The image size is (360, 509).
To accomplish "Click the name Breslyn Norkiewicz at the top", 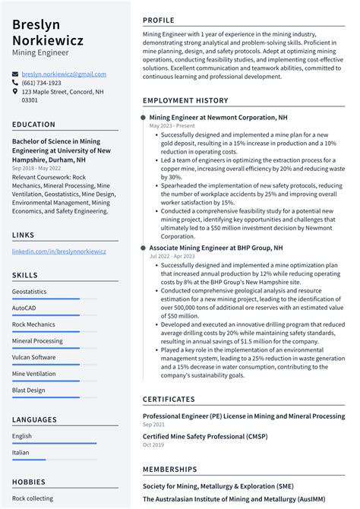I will point(48,32).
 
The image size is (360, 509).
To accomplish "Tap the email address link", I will point(64,74).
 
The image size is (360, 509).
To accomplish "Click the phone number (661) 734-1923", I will point(41,83).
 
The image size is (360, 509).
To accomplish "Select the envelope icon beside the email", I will point(15,74).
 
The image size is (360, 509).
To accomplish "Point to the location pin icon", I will point(15,92).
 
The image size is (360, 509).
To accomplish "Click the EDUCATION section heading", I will point(33,125).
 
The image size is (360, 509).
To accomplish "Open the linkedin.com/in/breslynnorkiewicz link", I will point(59,251).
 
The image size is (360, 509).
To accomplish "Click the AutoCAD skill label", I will point(24,308).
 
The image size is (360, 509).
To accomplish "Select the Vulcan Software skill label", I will point(33,357).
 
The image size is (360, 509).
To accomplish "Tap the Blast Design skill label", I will point(28,390).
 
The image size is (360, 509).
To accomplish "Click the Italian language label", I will point(21,453).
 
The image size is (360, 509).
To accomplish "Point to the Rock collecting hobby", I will point(33,498).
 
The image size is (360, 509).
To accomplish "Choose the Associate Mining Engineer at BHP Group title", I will point(216,248).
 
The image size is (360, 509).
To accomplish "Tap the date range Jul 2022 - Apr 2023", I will point(172,256).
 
